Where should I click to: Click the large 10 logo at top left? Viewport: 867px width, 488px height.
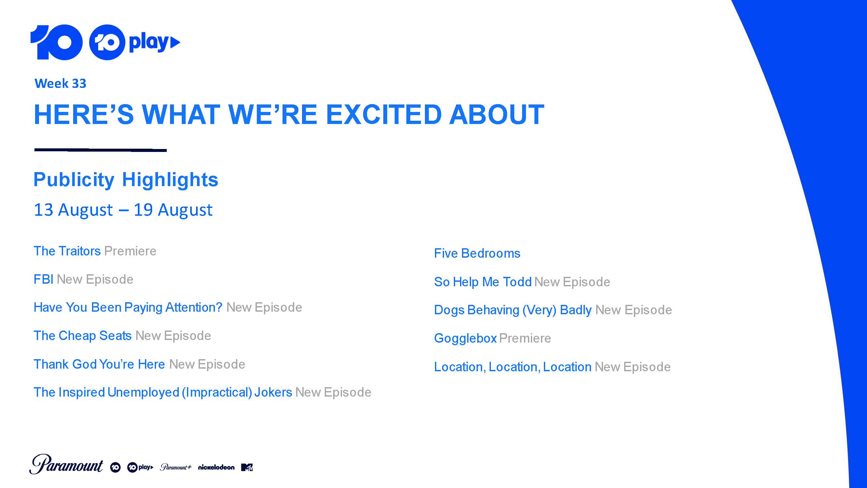[57, 42]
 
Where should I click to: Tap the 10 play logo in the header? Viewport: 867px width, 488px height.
[135, 42]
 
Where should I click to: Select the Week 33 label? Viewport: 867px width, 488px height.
[60, 83]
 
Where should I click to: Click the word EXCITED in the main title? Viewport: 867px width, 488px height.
[384, 115]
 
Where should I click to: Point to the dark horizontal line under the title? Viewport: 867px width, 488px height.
[101, 150]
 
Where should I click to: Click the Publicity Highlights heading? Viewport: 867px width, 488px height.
[126, 180]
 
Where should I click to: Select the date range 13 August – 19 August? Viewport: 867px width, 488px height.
[123, 210]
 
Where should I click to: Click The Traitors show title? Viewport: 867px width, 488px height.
[67, 251]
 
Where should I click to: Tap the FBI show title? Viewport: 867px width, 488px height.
[44, 279]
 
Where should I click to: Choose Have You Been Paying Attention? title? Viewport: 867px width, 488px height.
[128, 307]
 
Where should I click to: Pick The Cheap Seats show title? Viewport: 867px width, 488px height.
[83, 335]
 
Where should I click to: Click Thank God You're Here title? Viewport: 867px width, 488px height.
[99, 364]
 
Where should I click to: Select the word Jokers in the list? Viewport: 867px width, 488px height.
[273, 392]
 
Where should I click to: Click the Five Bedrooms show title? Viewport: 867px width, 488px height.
[477, 253]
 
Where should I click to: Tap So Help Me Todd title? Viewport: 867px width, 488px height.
[483, 282]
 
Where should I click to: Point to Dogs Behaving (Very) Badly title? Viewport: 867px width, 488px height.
[513, 310]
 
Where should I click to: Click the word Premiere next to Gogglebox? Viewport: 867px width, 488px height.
[525, 338]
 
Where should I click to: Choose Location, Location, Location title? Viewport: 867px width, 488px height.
[513, 367]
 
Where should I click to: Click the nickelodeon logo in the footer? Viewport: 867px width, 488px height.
[217, 467]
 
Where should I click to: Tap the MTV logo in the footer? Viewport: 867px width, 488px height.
[247, 467]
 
